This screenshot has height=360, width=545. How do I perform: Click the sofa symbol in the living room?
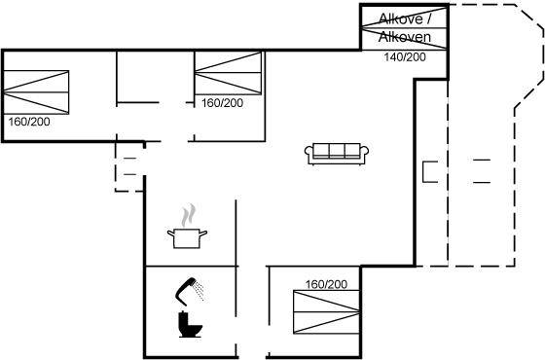click(x=337, y=154)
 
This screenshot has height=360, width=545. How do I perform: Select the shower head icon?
click(x=188, y=291)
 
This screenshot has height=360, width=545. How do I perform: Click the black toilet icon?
click(x=190, y=324)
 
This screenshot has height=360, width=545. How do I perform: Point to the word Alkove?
click(x=400, y=18)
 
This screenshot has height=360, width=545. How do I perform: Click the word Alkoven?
click(x=405, y=37)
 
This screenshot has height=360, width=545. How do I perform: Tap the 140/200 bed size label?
click(x=405, y=57)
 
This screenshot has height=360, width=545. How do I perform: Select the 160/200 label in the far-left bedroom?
click(x=29, y=122)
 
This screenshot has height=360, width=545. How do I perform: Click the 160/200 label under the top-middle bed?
click(x=223, y=103)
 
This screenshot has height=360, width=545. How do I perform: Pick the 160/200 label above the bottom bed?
click(x=326, y=284)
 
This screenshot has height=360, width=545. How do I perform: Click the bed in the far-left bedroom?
click(x=36, y=92)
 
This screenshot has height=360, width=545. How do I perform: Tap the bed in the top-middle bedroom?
click(x=228, y=73)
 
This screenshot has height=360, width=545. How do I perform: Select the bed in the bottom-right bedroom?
click(x=326, y=312)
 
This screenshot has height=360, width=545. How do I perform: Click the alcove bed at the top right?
click(x=404, y=28)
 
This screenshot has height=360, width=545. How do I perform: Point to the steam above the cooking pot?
click(x=188, y=215)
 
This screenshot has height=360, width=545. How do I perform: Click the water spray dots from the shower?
click(x=199, y=291)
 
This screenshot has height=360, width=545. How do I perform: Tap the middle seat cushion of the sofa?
click(x=337, y=151)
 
